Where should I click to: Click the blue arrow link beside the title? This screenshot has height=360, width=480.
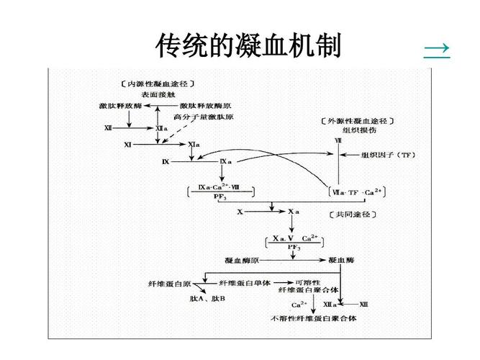[436, 48]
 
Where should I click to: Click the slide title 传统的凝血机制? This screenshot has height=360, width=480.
[248, 47]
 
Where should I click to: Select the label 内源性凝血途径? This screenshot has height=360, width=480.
[158, 84]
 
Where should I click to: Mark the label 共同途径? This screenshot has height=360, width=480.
[353, 214]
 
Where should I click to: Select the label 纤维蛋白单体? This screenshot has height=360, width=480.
[245, 282]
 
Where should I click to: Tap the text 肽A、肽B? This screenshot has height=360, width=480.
[208, 298]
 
